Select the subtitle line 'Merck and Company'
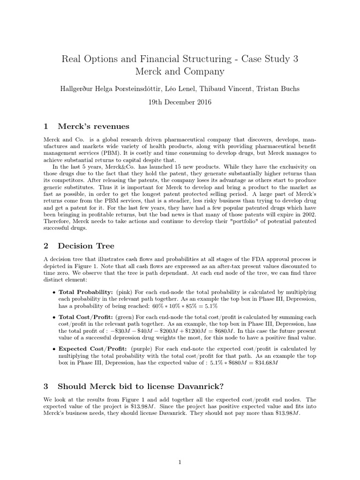pyautogui.click(x=180, y=72)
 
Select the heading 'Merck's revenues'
pyautogui.click(x=93, y=126)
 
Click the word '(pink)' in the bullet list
pyautogui.click(x=126, y=291)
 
